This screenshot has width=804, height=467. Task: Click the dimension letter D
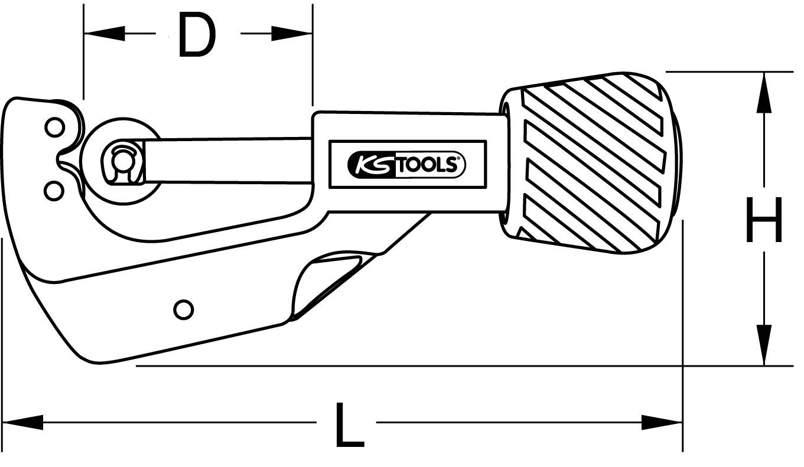[197, 36]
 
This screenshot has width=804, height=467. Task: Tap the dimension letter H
[764, 220]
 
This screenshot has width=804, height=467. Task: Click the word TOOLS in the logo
[425, 165]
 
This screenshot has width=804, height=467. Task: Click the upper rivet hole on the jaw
[54, 127]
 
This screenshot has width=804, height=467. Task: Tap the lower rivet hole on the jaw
[54, 190]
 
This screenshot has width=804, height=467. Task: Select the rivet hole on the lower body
[183, 309]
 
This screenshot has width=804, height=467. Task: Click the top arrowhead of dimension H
[764, 92]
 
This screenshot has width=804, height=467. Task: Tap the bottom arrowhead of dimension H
[764, 345]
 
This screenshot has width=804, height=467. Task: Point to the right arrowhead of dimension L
[662, 422]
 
